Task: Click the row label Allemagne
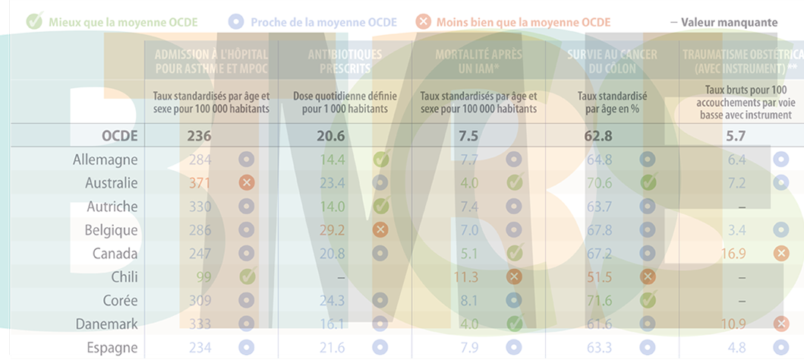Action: (x=106, y=159)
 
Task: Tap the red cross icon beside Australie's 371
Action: (x=245, y=183)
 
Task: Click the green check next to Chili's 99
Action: (x=247, y=276)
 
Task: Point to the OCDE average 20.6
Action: (x=332, y=137)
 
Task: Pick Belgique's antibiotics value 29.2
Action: (x=333, y=229)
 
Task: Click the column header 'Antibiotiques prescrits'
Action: (x=345, y=62)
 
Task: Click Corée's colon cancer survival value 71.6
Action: (x=599, y=300)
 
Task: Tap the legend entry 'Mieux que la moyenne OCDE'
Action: (x=122, y=22)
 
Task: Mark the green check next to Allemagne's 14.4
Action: (x=381, y=159)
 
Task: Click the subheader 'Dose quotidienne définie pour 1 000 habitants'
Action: (x=345, y=103)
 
